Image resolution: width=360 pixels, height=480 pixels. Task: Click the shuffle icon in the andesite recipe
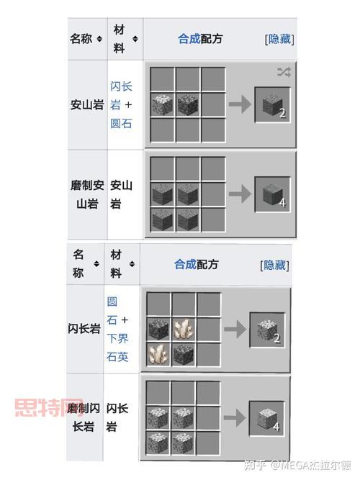pos(284,71)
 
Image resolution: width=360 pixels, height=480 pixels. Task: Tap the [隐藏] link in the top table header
pos(279,39)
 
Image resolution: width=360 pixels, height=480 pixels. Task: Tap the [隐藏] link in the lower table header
pos(274,264)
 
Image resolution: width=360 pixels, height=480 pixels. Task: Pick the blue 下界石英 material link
pos(118,347)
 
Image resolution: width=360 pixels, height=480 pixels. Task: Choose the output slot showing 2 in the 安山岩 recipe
pos(272,105)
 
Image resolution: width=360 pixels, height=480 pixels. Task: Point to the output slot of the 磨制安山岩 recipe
pos(272,194)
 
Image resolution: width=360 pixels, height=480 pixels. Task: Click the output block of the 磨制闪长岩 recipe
pos(267,418)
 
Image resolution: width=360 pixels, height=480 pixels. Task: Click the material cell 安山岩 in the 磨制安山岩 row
pos(121,194)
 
